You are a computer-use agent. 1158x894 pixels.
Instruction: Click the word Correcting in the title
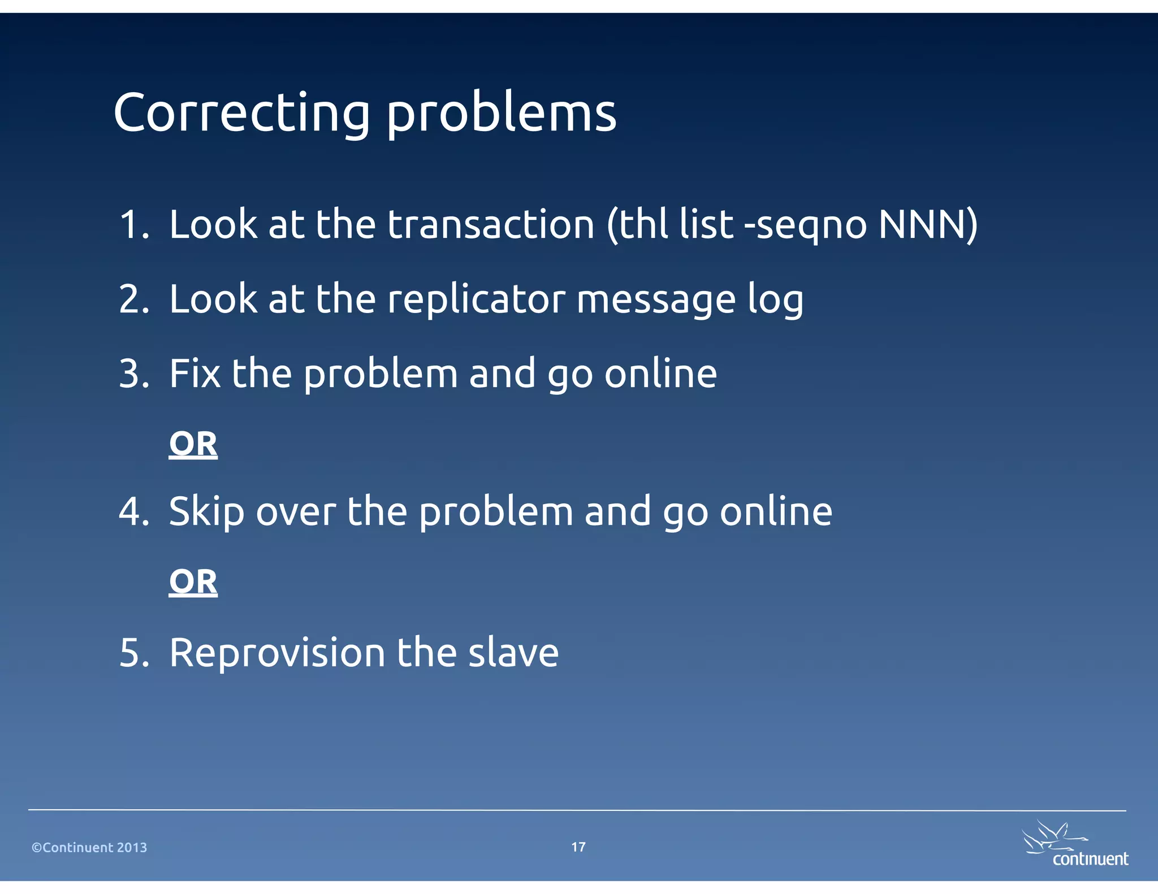[241, 113]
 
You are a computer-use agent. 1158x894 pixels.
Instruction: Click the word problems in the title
[501, 113]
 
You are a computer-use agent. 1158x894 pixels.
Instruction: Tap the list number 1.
[133, 224]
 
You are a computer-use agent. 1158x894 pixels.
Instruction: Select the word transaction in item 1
[490, 224]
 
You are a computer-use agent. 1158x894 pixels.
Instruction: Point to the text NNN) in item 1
[927, 224]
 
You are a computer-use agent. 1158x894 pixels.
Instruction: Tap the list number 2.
[133, 299]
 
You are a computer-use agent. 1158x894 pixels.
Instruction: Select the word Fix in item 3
[195, 374]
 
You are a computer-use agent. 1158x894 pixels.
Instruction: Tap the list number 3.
[133, 374]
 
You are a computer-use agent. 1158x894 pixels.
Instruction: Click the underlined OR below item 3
[193, 444]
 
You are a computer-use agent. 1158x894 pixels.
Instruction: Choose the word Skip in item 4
[206, 511]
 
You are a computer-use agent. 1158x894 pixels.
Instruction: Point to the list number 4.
[133, 511]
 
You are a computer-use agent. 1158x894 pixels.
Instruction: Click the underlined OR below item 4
[193, 582]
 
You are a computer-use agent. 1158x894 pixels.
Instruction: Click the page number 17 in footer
[578, 847]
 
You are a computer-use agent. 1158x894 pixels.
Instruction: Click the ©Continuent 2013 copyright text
[89, 848]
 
